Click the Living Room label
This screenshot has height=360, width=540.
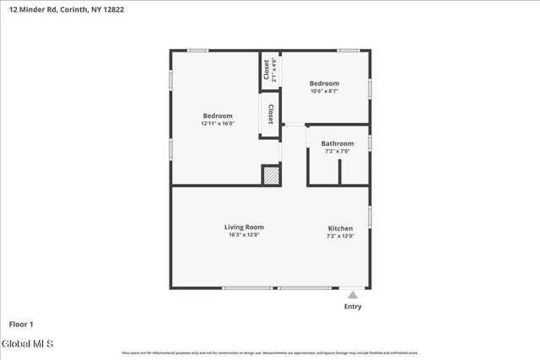pyautogui.click(x=244, y=227)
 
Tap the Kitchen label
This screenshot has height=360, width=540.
pyautogui.click(x=340, y=228)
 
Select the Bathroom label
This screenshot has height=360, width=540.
pyautogui.click(x=337, y=143)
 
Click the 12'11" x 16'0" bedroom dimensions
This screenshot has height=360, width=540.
pyautogui.click(x=218, y=124)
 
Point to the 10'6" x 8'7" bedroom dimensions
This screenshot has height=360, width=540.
pyautogui.click(x=324, y=91)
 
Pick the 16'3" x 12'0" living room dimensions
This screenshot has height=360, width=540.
pyautogui.click(x=244, y=235)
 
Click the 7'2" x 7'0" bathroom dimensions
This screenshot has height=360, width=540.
pyautogui.click(x=337, y=152)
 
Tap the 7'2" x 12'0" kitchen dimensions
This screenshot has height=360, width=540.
pyautogui.click(x=340, y=236)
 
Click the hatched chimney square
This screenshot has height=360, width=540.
pyautogui.click(x=270, y=175)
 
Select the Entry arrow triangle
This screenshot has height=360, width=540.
pyautogui.click(x=353, y=295)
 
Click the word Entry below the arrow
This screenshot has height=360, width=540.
pyautogui.click(x=353, y=306)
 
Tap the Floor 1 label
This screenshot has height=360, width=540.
pyautogui.click(x=21, y=324)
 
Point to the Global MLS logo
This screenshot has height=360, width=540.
pyautogui.click(x=27, y=344)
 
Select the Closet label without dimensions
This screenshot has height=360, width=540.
pyautogui.click(x=270, y=114)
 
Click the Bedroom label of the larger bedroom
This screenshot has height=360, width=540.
pyautogui.click(x=218, y=116)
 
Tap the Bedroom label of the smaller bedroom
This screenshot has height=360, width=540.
pyautogui.click(x=324, y=83)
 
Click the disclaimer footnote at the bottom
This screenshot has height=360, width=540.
pyautogui.click(x=270, y=353)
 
